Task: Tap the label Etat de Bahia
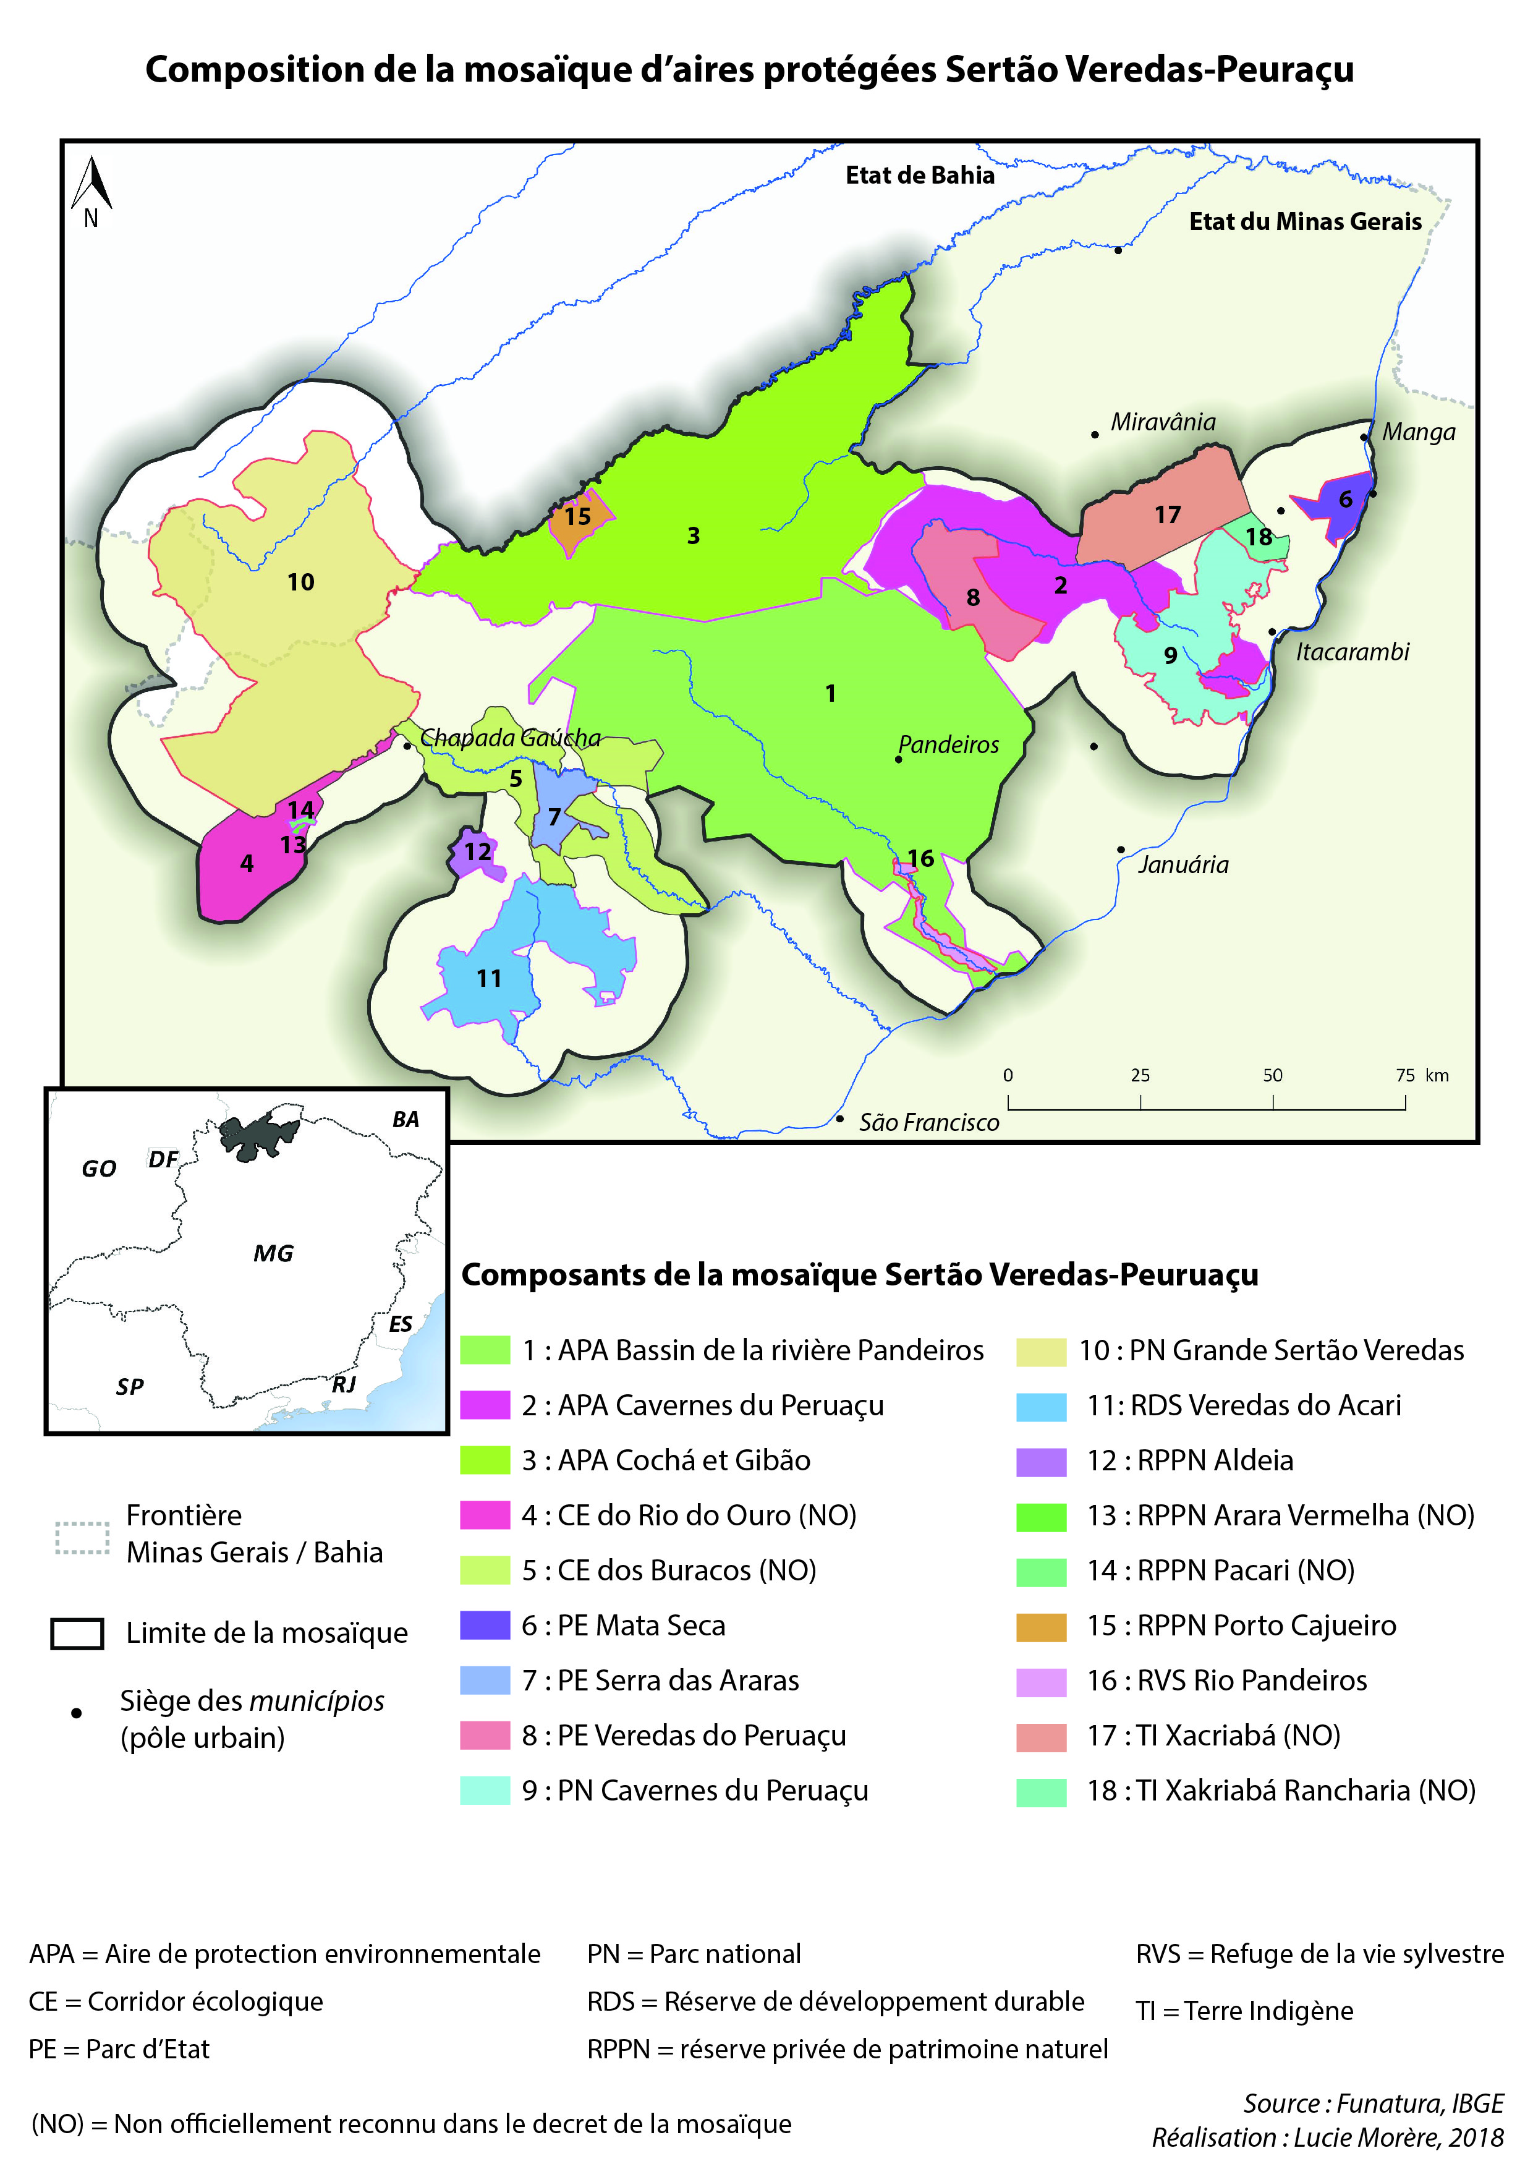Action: [919, 176]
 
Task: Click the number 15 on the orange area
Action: [577, 517]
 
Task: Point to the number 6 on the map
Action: [1345, 499]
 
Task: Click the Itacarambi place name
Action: [1352, 652]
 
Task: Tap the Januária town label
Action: [1183, 864]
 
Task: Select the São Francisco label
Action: [928, 1122]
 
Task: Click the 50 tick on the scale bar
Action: [1272, 1076]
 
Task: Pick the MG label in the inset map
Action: [273, 1253]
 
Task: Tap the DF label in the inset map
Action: [163, 1160]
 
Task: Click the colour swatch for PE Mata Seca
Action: [485, 1626]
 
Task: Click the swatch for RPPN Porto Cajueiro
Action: [1041, 1626]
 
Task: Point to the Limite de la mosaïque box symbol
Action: [77, 1634]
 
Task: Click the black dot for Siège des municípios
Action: [77, 1713]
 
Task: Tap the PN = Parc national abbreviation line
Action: [694, 1954]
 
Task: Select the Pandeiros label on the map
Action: [948, 744]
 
